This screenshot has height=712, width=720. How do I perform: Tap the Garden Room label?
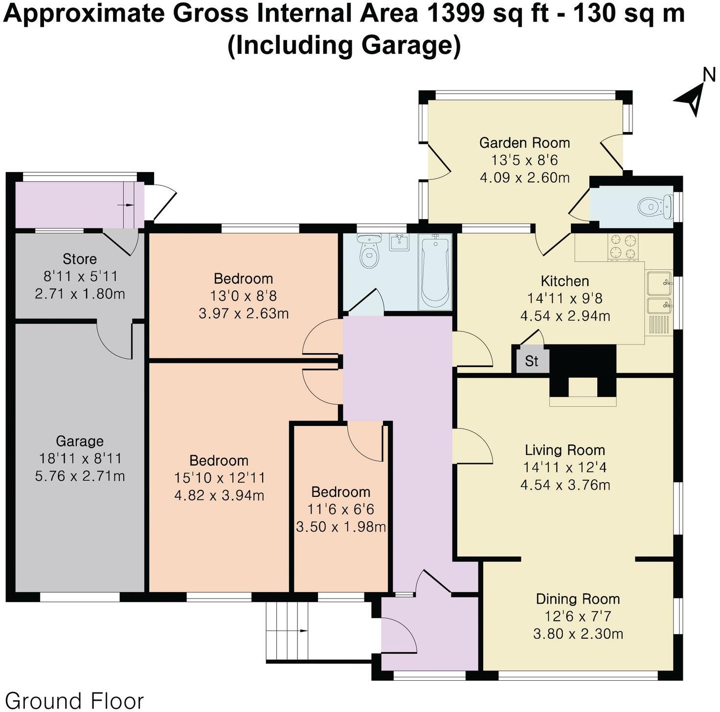coord(524,143)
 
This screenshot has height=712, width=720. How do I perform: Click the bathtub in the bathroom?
coord(434,271)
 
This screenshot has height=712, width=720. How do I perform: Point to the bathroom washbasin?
coord(400,242)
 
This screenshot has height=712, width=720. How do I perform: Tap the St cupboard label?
coord(531,361)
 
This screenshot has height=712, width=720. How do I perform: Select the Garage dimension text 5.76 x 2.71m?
coord(80,476)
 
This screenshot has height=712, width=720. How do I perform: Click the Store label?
coord(80,259)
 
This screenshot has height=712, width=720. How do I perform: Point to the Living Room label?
coord(565,450)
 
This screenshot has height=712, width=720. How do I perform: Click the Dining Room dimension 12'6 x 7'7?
coord(578,616)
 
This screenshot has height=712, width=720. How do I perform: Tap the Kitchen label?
coord(565,281)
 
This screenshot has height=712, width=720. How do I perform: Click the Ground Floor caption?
coord(74,700)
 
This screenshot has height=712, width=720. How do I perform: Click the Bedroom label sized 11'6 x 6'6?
coord(340,492)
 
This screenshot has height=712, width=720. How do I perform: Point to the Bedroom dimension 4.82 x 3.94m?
coord(219,495)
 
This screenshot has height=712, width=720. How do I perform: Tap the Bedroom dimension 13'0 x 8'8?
coord(243,296)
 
